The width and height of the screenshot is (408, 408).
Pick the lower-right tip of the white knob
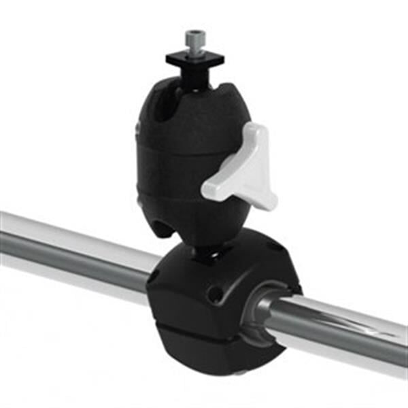[x=268, y=200]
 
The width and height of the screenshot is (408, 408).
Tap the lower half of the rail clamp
[x=204, y=350]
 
